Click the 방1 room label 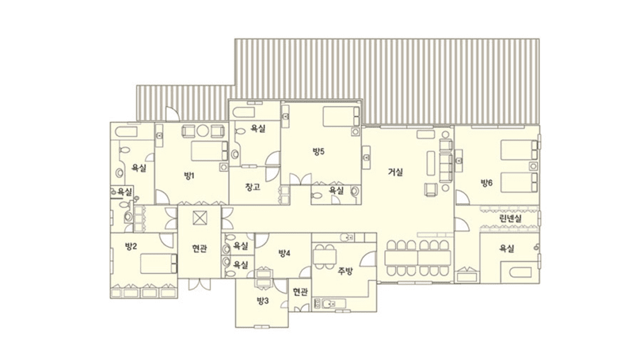(x=189, y=176)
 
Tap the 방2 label (x=131, y=246)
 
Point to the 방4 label (x=284, y=253)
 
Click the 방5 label (x=318, y=151)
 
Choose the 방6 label (x=486, y=182)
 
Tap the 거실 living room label (x=395, y=172)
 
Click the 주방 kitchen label (x=345, y=271)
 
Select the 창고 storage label (x=252, y=187)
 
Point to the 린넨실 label (x=511, y=218)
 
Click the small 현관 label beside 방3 (x=300, y=291)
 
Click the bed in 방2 (x=159, y=264)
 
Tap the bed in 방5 (x=342, y=116)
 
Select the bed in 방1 (x=209, y=151)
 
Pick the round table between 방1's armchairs (x=203, y=131)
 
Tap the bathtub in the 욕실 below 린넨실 (x=516, y=272)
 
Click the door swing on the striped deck (x=172, y=114)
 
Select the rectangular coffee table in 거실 (x=431, y=163)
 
